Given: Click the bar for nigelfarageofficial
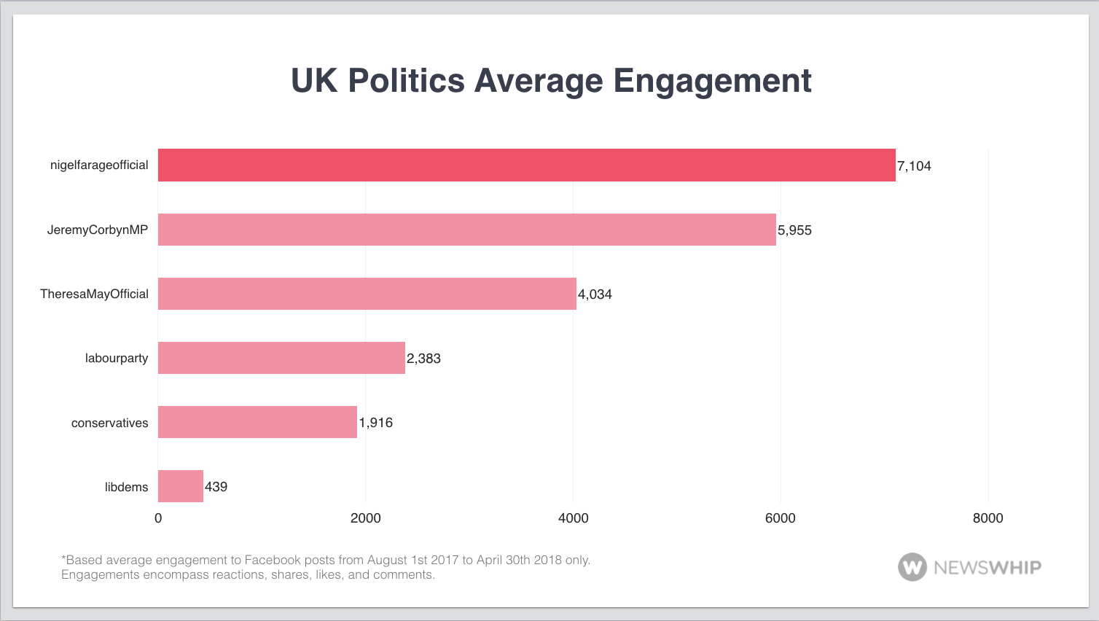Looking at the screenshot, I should [x=526, y=165].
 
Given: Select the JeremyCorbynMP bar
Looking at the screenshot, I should [x=466, y=230].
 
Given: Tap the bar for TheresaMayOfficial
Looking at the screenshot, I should [x=367, y=294].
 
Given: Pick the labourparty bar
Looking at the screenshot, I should [x=281, y=358].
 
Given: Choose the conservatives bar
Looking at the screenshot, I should [x=257, y=422].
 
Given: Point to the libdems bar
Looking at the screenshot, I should [x=181, y=486].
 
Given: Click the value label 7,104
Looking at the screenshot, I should [x=914, y=166].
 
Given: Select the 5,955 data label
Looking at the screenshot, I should [x=794, y=230].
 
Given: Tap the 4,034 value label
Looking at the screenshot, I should [x=595, y=294].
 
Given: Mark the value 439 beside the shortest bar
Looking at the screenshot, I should [x=216, y=487].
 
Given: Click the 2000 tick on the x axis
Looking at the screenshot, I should [x=366, y=518].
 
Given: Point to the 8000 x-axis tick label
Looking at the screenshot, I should [x=987, y=518].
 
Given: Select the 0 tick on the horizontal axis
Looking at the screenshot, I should [x=158, y=518].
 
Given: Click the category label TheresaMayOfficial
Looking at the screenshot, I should [x=94, y=294].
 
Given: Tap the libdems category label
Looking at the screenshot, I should [x=126, y=487].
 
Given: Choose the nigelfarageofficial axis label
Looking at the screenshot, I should [x=99, y=165].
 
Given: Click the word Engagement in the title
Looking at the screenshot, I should [x=712, y=81].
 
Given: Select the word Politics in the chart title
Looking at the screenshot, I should [x=406, y=81].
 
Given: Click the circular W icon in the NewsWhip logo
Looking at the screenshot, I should [x=912, y=567].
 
